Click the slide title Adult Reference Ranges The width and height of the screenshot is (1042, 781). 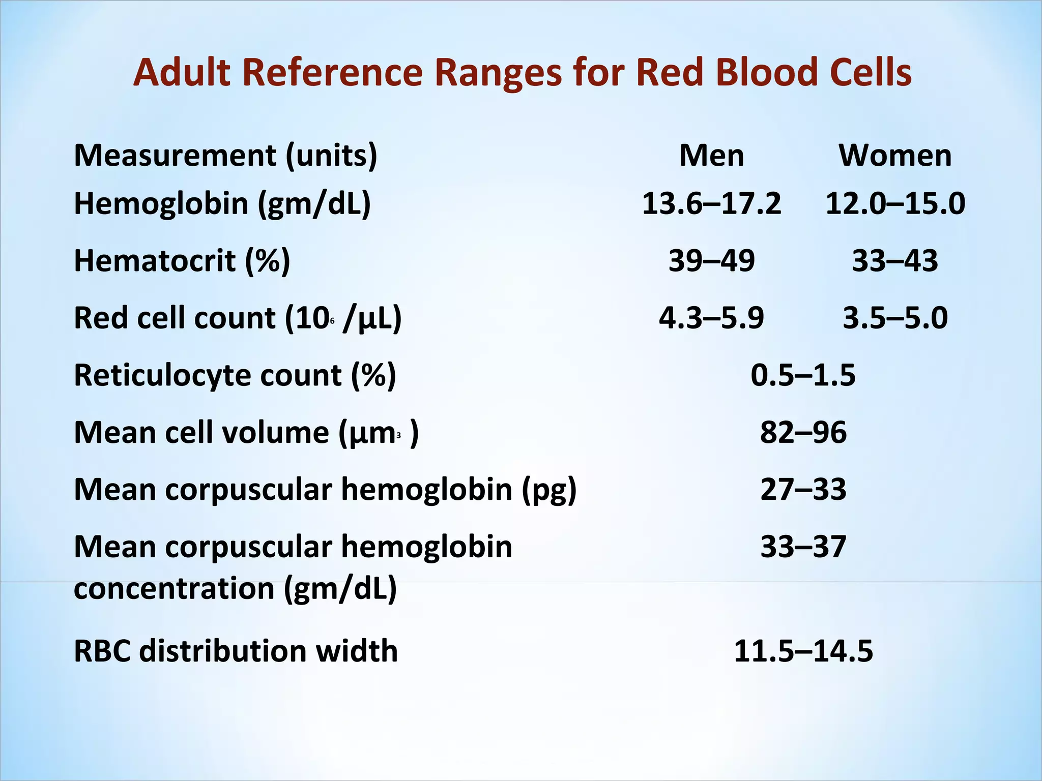[522, 73]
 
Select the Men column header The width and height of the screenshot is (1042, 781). [711, 156]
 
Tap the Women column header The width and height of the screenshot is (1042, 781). [895, 156]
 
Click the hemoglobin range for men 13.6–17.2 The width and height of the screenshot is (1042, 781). [711, 204]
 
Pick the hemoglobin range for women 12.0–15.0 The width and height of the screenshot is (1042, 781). [895, 204]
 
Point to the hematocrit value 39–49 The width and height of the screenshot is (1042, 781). [711, 261]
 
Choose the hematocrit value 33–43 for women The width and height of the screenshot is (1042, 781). [895, 261]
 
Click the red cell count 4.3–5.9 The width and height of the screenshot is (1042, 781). [711, 318]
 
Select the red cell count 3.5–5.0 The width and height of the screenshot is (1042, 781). [895, 318]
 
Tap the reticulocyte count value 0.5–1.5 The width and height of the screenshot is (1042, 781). [803, 376]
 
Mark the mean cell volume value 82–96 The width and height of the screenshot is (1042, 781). [803, 433]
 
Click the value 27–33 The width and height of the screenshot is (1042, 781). [803, 490]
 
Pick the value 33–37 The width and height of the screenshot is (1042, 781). [803, 547]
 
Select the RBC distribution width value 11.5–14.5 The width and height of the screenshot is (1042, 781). [803, 651]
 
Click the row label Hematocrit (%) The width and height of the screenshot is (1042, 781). [182, 261]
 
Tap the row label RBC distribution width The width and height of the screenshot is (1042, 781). [236, 651]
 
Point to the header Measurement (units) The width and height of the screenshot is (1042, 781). [225, 156]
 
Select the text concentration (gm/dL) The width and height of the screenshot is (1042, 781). [235, 589]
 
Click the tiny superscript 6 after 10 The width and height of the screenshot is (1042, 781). [332, 321]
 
